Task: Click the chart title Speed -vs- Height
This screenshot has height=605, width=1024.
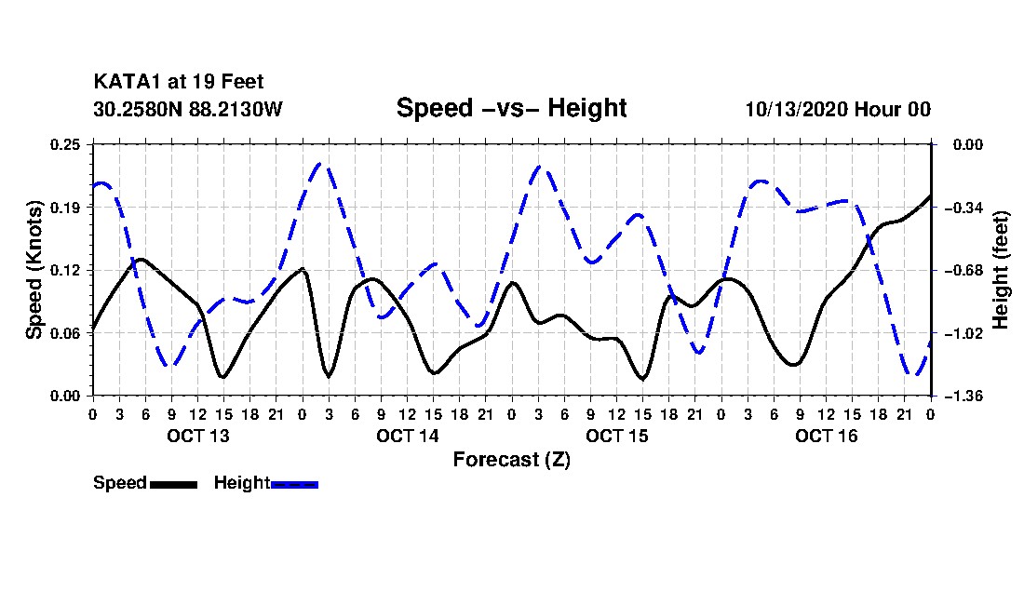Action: point(511,108)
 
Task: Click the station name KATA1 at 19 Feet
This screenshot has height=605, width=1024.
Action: point(179,82)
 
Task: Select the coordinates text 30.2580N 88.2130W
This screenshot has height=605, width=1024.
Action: point(187,109)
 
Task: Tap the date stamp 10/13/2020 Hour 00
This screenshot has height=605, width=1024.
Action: point(838,109)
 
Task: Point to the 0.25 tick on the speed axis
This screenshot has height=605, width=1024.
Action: point(65,144)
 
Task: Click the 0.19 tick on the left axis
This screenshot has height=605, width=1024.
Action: point(65,208)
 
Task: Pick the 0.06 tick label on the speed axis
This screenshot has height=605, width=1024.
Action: point(65,333)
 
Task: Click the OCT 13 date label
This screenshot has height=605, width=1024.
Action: point(198,436)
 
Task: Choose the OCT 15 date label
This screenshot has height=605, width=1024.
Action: point(616,436)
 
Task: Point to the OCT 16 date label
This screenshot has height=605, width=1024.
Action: point(826,436)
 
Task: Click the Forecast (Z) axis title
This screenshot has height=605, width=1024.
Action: point(511,460)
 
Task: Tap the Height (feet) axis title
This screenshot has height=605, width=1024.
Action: point(1000,270)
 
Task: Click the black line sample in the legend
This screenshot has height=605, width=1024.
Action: point(173,485)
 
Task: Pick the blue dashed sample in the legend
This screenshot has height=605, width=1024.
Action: point(294,485)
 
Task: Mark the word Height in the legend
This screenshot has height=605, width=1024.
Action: point(242,483)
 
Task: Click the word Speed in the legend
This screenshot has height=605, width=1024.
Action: point(120,483)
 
